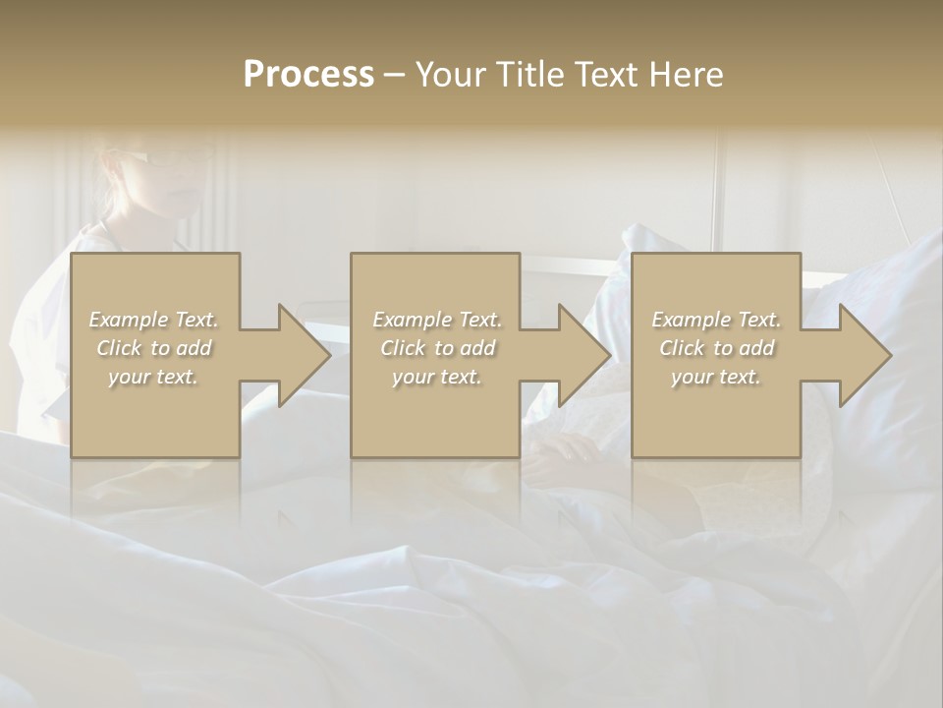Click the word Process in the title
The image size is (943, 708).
pyautogui.click(x=308, y=74)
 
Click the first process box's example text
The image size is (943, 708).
pyautogui.click(x=154, y=348)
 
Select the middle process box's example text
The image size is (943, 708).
pyautogui.click(x=437, y=348)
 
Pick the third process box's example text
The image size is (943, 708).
pyautogui.click(x=716, y=348)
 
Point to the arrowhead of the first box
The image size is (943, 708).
pyautogui.click(x=304, y=355)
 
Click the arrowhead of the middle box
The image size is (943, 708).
pyautogui.click(x=584, y=355)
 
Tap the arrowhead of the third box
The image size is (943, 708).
pyautogui.click(x=865, y=355)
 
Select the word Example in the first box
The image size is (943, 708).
pyautogui.click(x=129, y=320)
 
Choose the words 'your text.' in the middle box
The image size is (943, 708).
pyautogui.click(x=437, y=377)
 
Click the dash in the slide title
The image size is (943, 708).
pyautogui.click(x=394, y=76)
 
